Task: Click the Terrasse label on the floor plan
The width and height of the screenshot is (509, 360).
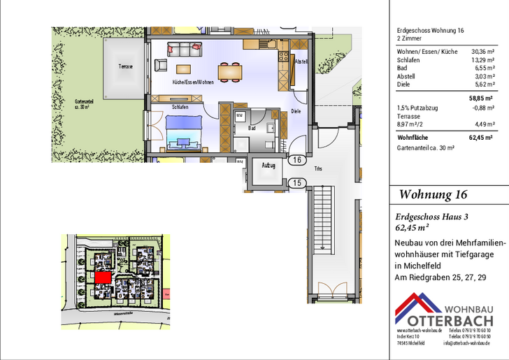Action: pos(126,66)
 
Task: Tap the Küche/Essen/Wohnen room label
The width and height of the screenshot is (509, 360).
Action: pos(193,82)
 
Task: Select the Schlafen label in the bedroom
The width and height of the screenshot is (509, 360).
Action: pos(180,108)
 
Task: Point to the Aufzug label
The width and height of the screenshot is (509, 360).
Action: pos(268,166)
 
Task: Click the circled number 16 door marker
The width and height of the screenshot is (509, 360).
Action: pos(297,160)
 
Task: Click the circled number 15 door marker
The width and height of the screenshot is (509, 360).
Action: pos(297,183)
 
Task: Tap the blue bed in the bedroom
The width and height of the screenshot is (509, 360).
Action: pos(184,131)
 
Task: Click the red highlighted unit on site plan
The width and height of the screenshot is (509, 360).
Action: pos(103,277)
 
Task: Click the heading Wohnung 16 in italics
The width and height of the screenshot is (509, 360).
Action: pos(433,194)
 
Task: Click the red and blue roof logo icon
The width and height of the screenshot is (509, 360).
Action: pos(417,310)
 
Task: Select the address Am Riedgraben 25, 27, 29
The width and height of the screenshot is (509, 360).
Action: pos(440,278)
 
